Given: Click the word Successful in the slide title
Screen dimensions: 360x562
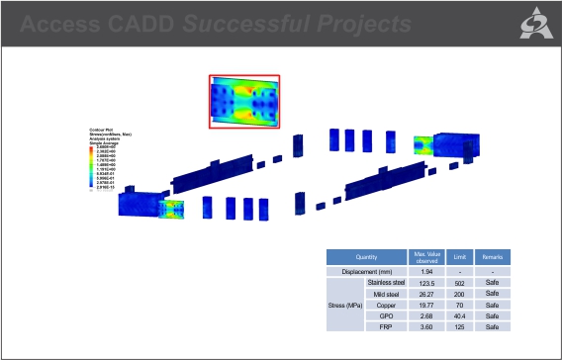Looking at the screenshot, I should click(249, 23).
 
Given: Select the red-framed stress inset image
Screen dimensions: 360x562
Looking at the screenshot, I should click(244, 102).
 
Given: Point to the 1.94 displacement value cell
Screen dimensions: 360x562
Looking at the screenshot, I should click(426, 270).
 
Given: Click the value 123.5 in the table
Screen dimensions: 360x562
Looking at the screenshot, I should click(426, 283).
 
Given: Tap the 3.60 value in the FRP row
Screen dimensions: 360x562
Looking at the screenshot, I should click(426, 326).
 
